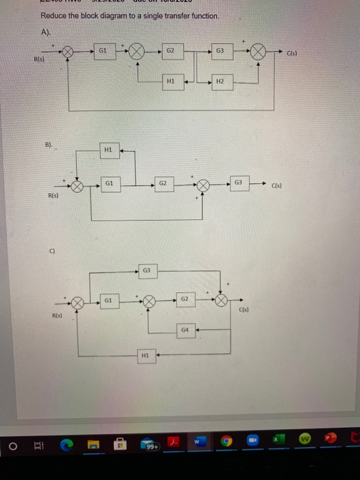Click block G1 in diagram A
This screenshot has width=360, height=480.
pyautogui.click(x=101, y=49)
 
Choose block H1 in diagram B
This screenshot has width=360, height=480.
pyautogui.click(x=107, y=151)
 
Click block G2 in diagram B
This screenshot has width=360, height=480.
pyautogui.click(x=163, y=184)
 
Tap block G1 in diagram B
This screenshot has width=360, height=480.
pyautogui.click(x=110, y=184)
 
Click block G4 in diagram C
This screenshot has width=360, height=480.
pyautogui.click(x=185, y=331)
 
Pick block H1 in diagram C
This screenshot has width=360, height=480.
pyautogui.click(x=144, y=356)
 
